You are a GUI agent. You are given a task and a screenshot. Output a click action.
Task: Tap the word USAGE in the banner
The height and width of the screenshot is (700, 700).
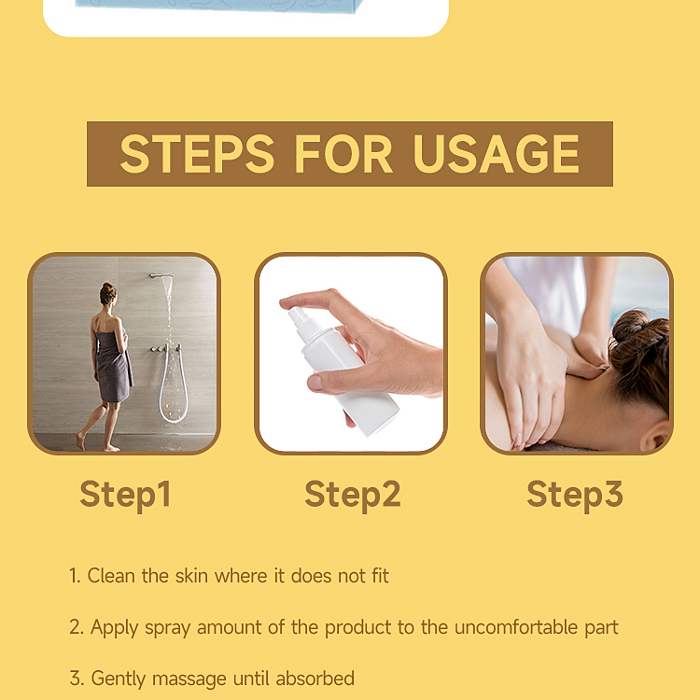click(497, 154)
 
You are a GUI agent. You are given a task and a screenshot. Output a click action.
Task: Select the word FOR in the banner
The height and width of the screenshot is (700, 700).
click(343, 154)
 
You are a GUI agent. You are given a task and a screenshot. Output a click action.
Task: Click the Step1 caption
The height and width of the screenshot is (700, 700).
click(125, 494)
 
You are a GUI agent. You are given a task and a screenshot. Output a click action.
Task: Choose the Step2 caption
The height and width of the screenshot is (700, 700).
click(352, 494)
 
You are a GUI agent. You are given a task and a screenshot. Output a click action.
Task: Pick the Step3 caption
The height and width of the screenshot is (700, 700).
click(574, 494)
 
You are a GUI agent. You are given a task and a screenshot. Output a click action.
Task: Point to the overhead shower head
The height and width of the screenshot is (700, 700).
click(161, 275)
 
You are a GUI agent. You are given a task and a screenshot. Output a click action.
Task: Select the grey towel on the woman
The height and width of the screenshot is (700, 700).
click(113, 364)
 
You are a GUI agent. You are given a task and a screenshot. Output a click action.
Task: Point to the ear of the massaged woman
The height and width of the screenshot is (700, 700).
click(659, 437)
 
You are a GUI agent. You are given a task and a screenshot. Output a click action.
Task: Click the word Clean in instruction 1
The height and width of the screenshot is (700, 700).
click(112, 576)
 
